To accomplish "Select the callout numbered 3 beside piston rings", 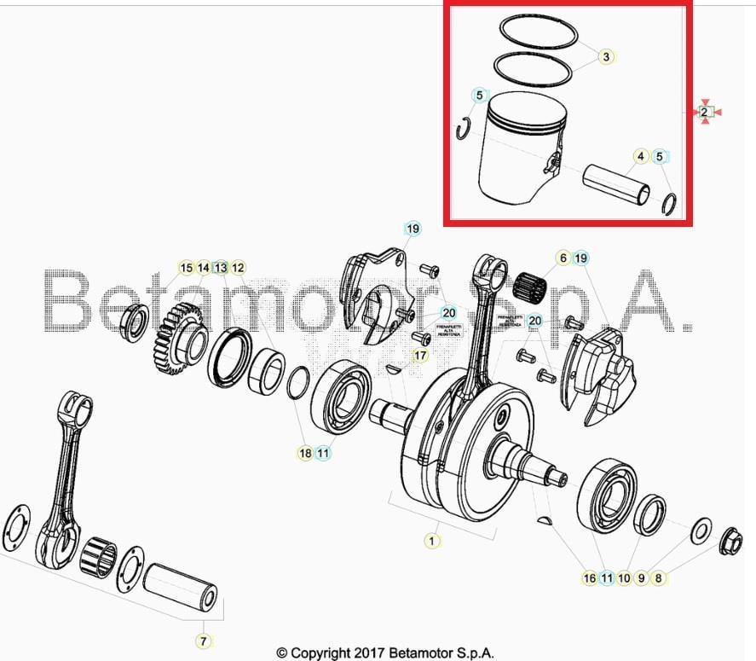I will click(x=605, y=57).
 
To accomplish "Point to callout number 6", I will click(x=563, y=258).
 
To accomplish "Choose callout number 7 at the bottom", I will click(x=204, y=641).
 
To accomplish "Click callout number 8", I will click(x=658, y=578).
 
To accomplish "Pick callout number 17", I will click(x=420, y=355).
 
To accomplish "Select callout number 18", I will click(x=305, y=454).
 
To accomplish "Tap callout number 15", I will click(x=186, y=268).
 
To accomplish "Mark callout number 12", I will click(x=238, y=268).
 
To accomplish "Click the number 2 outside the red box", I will click(x=705, y=112).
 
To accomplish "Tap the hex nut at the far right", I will click(x=730, y=541).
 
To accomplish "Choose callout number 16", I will click(x=589, y=578).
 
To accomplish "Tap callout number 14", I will click(x=203, y=268).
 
